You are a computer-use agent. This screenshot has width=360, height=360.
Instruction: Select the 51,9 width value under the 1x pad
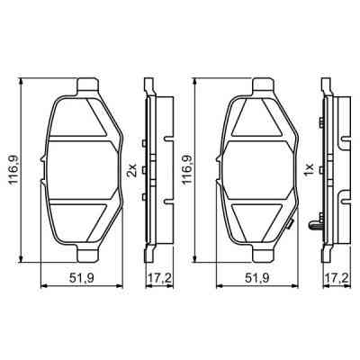click(x=259, y=276)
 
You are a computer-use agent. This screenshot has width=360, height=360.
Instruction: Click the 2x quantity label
click(x=132, y=169)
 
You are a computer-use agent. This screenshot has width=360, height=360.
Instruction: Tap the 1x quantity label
click(x=308, y=169)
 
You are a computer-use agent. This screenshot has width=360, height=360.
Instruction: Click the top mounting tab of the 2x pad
click(x=86, y=88)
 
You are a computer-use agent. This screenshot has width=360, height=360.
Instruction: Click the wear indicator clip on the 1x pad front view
click(x=289, y=227)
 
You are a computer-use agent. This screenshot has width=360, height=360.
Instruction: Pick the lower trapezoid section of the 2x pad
click(x=82, y=220)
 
